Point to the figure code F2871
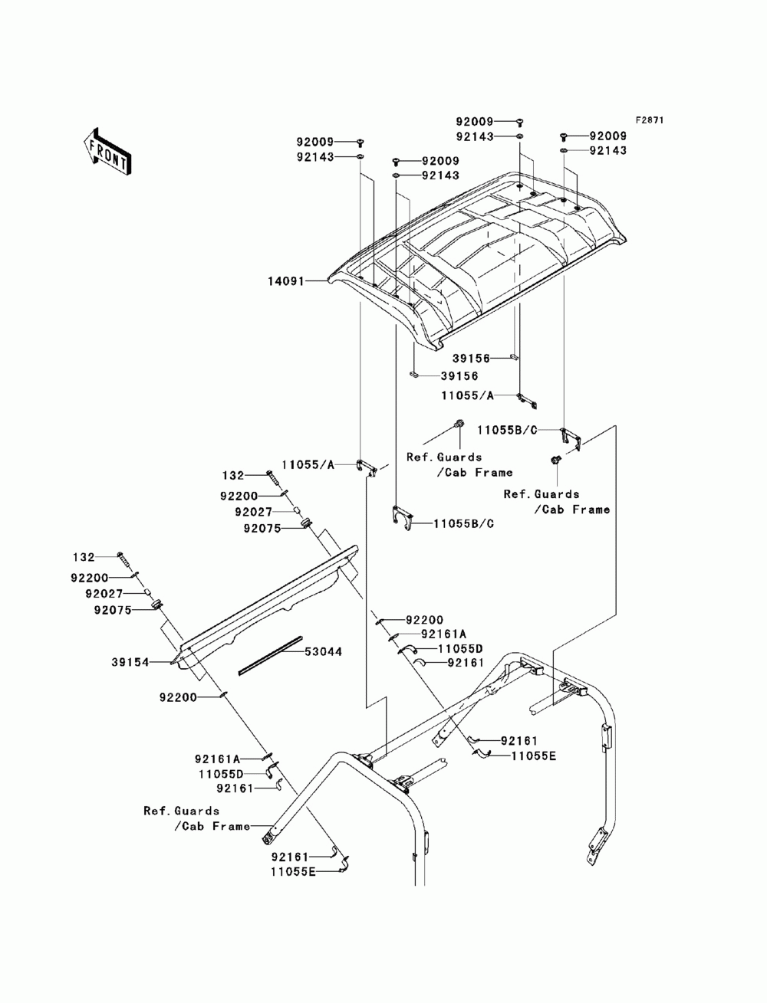point(648,120)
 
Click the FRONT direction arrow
point(107,151)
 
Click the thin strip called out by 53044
point(271,655)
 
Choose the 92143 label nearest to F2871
point(608,151)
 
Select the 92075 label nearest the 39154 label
point(113,610)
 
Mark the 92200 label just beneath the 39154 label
point(179,697)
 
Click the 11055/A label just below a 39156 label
point(468,396)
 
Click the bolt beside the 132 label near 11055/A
point(273,477)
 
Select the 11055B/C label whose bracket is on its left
point(463,524)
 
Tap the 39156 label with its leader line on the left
point(459,376)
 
